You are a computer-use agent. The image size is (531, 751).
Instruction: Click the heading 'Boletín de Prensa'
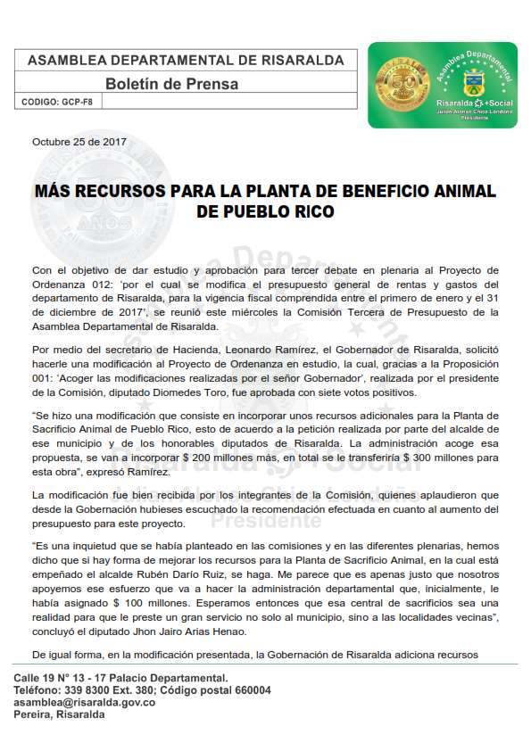pos(172,84)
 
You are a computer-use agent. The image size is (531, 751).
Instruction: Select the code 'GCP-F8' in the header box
pos(77,103)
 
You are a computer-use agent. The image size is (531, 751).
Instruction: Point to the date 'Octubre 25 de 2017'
pos(79,142)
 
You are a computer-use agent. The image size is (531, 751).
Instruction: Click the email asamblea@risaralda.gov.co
pos(85,703)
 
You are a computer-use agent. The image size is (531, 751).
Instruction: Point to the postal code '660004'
pos(250,690)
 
